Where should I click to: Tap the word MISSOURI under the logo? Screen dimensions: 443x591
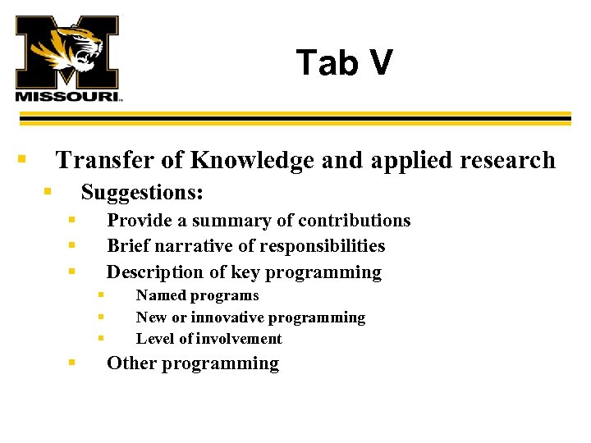pos(67,96)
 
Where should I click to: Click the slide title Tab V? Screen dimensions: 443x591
pos(345,63)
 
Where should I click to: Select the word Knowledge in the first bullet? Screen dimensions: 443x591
pos(250,160)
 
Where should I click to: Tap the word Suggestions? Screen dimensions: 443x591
pos(142,193)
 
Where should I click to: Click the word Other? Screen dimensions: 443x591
pos(132,363)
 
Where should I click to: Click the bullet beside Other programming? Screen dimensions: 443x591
pos(72,361)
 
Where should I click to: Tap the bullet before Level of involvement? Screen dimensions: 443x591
pos(100,337)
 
